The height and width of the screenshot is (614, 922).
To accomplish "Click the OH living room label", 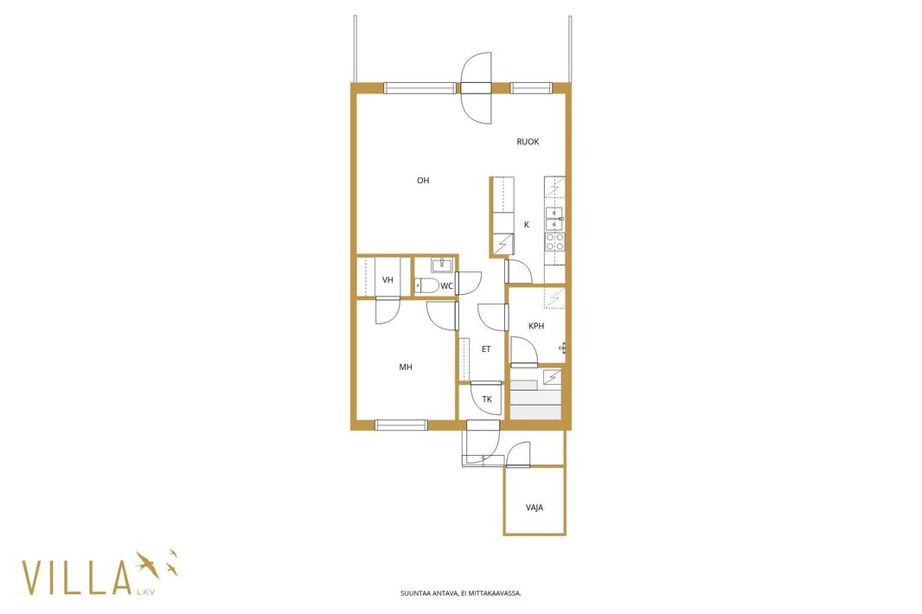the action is (x=423, y=181).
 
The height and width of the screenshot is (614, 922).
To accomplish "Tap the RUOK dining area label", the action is (x=528, y=142).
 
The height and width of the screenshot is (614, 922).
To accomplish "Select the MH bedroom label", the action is (x=406, y=367).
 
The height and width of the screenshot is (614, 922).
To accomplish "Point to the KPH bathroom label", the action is (x=536, y=326).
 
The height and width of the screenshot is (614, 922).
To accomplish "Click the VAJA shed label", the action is (x=535, y=507).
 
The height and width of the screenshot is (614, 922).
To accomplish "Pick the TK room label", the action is (x=487, y=400).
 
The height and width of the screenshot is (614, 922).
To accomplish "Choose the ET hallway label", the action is (x=486, y=349).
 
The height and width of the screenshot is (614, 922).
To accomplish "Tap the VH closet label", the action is (x=387, y=280).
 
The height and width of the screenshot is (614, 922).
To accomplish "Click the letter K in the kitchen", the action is (x=526, y=225).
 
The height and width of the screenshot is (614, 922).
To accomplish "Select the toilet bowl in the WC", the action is (x=426, y=286).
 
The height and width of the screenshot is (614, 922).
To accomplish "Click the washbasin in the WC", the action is (x=442, y=265).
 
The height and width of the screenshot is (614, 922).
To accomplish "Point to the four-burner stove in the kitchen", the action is (x=554, y=241).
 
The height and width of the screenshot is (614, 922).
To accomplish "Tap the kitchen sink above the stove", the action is (x=554, y=219).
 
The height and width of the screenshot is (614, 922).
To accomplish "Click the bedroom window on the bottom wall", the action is (x=401, y=425).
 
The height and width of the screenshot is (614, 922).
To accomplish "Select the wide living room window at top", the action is (x=419, y=88).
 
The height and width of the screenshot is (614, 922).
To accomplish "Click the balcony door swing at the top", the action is (x=476, y=88).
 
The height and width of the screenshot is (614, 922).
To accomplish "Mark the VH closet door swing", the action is (x=388, y=311).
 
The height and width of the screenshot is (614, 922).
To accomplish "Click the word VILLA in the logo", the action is (x=76, y=578).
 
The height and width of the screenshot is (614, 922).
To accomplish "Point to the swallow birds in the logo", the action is (x=157, y=564).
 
